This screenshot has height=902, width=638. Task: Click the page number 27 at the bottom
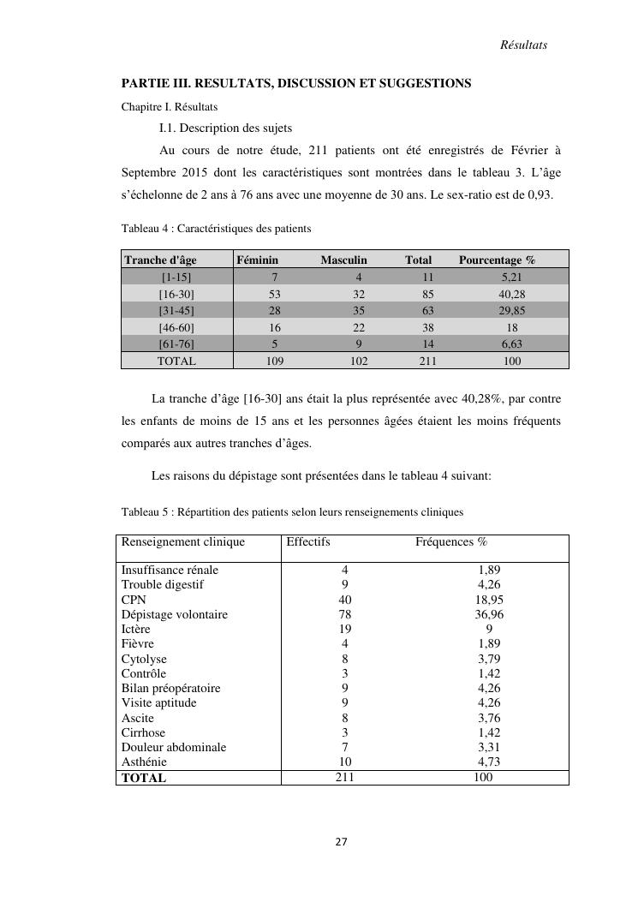pyautogui.click(x=341, y=842)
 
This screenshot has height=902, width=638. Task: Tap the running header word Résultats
pyautogui.click(x=523, y=45)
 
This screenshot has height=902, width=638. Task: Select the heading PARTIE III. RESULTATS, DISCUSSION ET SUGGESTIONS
pyautogui.click(x=295, y=83)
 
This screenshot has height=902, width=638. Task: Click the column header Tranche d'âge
pyautogui.click(x=160, y=260)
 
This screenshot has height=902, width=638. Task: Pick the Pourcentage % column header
pyautogui.click(x=497, y=260)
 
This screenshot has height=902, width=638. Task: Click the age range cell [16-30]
pyautogui.click(x=176, y=294)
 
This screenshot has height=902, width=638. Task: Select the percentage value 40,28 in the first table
pyautogui.click(x=511, y=294)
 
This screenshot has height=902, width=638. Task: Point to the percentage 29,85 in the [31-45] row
pyautogui.click(x=511, y=310)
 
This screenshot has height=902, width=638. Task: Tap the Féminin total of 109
pyautogui.click(x=274, y=361)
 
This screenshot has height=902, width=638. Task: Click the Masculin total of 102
pyautogui.click(x=359, y=361)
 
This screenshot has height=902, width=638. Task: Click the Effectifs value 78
pyautogui.click(x=344, y=614)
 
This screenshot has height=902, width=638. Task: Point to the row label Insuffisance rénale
pyautogui.click(x=170, y=570)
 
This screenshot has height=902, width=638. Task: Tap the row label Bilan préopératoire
pyautogui.click(x=170, y=688)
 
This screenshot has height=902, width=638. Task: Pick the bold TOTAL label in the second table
pyautogui.click(x=144, y=778)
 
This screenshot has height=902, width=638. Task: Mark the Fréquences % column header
pyautogui.click(x=451, y=541)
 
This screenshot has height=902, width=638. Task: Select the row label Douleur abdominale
pyautogui.click(x=174, y=747)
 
